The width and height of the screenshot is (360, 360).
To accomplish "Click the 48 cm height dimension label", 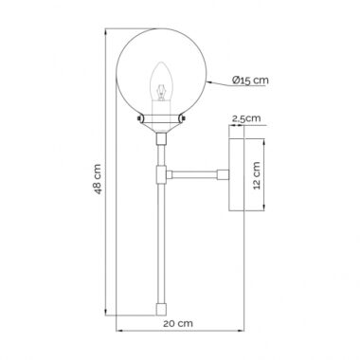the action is pyautogui.click(x=99, y=179).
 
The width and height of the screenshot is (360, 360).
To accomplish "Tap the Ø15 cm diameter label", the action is pyautogui.click(x=250, y=80).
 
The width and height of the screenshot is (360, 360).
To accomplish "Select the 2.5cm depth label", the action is pyautogui.click(x=246, y=118).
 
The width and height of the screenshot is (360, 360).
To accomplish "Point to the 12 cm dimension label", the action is pyautogui.click(x=257, y=175).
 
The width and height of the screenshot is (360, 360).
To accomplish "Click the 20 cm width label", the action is pyautogui.click(x=178, y=323).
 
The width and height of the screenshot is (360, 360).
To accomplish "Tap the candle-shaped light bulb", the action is pyautogui.click(x=161, y=81).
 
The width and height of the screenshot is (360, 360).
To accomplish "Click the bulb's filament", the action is pyautogui.click(x=161, y=92).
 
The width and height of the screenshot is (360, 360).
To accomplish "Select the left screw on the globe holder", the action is pyautogui.click(x=139, y=118).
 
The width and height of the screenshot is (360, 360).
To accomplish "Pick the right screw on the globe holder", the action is pyautogui.click(x=184, y=118).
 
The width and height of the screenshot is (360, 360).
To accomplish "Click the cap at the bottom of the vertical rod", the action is pyautogui.click(x=161, y=310).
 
